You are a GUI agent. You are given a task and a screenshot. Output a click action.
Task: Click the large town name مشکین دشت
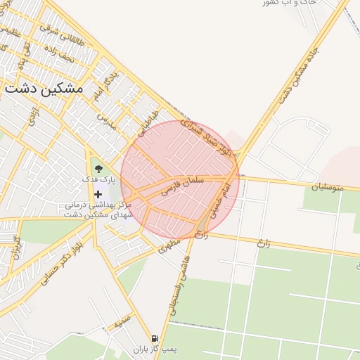coord(44,89)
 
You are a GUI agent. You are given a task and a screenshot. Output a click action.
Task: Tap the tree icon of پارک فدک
coord(98,169)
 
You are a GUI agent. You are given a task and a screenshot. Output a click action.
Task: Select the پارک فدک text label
coord(96,180)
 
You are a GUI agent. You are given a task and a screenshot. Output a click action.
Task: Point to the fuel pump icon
coord(155,338)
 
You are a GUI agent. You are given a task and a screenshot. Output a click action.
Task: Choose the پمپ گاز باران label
coord(155,349)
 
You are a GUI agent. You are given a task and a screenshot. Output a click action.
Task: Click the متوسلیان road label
coord(329,186)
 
